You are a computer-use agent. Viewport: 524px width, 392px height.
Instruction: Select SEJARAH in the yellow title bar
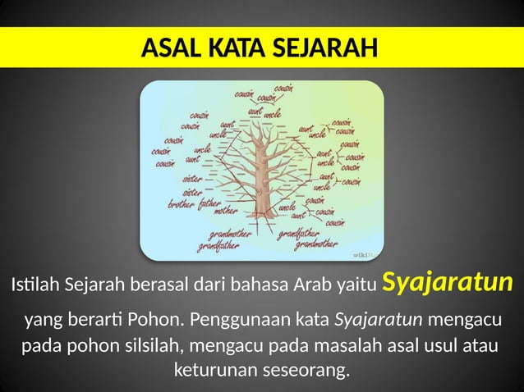tap(318, 48)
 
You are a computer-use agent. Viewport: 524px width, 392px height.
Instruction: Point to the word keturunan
tap(212, 370)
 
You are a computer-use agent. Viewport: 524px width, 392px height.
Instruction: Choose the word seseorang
tap(303, 370)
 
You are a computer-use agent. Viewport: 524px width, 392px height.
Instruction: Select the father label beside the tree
tap(210, 202)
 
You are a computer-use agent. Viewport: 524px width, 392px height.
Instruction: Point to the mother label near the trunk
tap(226, 212)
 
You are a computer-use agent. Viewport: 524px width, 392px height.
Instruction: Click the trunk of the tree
tap(263, 193)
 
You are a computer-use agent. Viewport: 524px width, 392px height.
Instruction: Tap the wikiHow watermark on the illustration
tap(365, 256)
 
